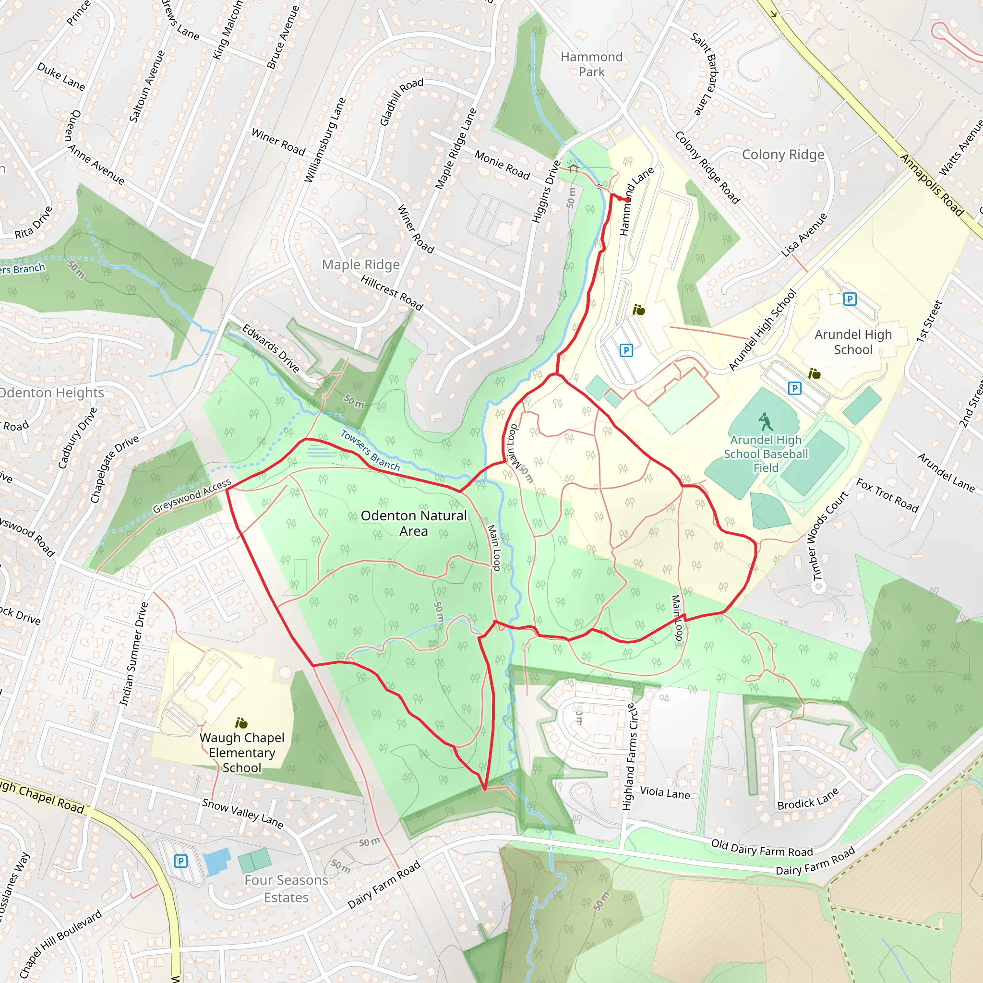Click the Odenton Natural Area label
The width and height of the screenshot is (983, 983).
click(414, 523)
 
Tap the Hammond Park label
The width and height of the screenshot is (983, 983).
click(591, 64)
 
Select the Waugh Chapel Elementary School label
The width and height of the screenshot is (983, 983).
click(242, 752)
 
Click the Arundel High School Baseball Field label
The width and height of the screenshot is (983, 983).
click(765, 454)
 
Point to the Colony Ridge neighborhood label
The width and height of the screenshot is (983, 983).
click(782, 154)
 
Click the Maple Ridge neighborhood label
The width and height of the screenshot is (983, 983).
click(361, 264)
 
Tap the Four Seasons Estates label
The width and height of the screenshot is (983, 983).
click(286, 888)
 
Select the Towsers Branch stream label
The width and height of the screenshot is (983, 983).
click(370, 451)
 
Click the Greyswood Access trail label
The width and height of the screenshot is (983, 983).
click(192, 496)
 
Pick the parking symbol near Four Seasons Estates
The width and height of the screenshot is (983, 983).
click(180, 861)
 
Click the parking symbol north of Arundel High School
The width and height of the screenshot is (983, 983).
click(850, 299)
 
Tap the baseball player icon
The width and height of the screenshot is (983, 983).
click(765, 422)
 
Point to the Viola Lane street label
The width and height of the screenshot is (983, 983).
click(664, 793)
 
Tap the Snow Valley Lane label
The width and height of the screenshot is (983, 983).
click(242, 813)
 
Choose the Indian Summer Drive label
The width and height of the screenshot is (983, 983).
click(133, 653)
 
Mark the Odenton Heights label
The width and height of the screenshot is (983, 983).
click(51, 393)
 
